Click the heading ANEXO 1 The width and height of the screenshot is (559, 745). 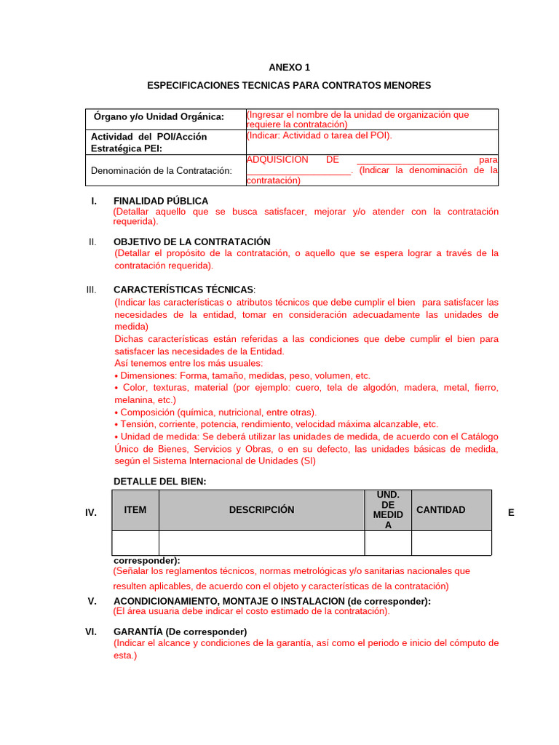(x=289, y=67)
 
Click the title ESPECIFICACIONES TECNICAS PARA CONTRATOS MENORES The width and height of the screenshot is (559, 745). (x=289, y=85)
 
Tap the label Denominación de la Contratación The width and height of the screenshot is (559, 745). (x=161, y=170)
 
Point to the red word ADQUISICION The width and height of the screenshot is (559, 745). (x=277, y=159)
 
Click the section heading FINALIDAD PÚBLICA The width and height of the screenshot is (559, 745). (x=161, y=201)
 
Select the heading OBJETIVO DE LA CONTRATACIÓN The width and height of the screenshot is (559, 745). (x=192, y=242)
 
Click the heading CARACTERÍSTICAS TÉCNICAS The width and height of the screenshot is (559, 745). (x=183, y=290)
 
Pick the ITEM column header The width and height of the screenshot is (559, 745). (x=135, y=510)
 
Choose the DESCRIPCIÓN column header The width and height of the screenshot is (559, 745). (x=261, y=510)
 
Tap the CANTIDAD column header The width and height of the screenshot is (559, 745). (x=440, y=510)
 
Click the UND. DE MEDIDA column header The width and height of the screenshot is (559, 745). (x=387, y=510)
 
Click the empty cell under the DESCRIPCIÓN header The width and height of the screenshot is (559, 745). (x=261, y=543)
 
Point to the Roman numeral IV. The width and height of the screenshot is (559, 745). (x=91, y=513)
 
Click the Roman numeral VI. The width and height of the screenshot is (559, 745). (x=91, y=632)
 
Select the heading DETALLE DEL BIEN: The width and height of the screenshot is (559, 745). (x=160, y=481)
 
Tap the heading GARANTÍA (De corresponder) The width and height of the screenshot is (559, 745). (x=181, y=632)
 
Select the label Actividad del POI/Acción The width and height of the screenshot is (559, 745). (x=148, y=137)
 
